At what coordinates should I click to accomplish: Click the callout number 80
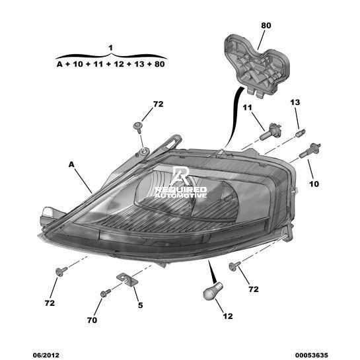click(x=266, y=26)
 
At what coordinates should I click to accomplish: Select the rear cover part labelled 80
click(x=257, y=65)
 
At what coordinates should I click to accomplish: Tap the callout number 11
click(x=247, y=108)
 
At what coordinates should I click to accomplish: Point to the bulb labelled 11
click(x=270, y=131)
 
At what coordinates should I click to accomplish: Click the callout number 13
click(x=295, y=102)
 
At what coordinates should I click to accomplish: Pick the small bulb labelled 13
click(x=301, y=133)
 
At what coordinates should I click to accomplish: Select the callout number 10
click(x=314, y=184)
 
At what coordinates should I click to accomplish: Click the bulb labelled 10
click(x=310, y=150)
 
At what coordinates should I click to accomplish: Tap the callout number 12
click(x=228, y=316)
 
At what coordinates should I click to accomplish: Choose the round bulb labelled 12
click(x=213, y=291)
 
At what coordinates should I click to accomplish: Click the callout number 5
click(x=140, y=305)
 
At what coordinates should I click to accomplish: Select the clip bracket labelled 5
click(x=126, y=279)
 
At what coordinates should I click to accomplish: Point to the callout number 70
click(x=92, y=320)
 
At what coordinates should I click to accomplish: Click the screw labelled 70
click(x=106, y=293)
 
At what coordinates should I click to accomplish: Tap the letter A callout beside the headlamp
click(x=71, y=164)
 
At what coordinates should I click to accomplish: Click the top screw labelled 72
click(x=138, y=127)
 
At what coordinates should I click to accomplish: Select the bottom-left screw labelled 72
click(x=61, y=271)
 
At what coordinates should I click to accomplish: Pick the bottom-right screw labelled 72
click(x=234, y=266)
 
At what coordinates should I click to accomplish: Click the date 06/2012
click(x=46, y=355)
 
